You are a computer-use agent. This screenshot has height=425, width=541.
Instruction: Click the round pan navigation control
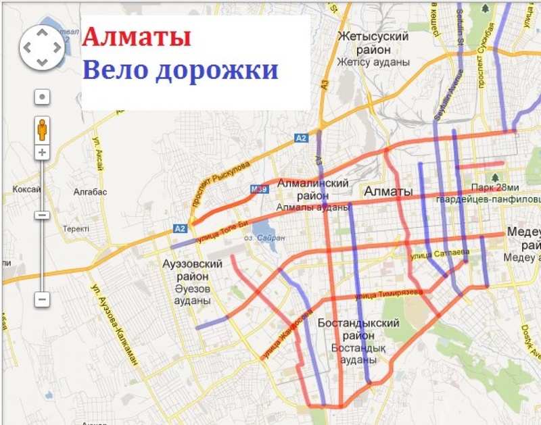point(42,47)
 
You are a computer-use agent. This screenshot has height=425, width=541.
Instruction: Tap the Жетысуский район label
point(374,43)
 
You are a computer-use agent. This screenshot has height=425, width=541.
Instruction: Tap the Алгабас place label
point(90,192)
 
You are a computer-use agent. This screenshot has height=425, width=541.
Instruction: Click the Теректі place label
point(76,229)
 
